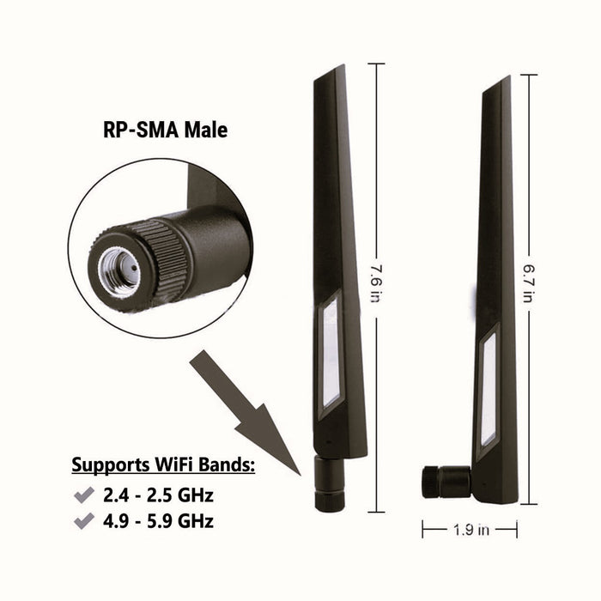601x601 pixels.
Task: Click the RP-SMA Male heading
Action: point(160,131)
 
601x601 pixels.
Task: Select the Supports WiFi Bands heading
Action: point(163,466)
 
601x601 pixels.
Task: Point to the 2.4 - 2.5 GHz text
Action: point(158,495)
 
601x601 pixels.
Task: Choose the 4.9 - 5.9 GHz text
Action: point(158,521)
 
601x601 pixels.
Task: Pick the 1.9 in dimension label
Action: point(470,531)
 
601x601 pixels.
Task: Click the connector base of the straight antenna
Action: point(330,483)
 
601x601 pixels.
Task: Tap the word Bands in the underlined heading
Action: point(227,466)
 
